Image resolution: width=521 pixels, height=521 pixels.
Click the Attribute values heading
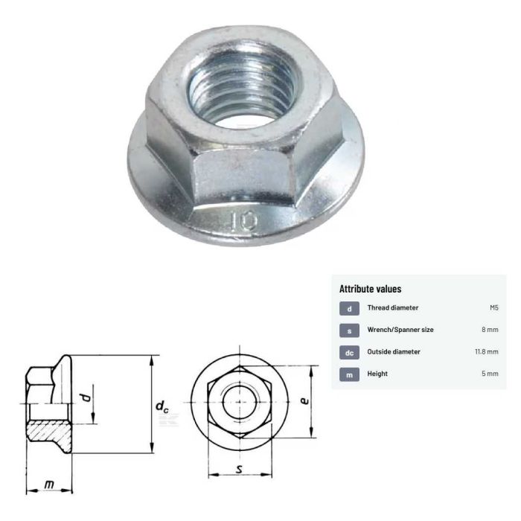coord(371,289)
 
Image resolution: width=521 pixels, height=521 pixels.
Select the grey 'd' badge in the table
coord(349,308)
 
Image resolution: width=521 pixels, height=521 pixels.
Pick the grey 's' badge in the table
coord(349,330)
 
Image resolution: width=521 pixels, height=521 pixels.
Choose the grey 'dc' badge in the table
coord(349,351)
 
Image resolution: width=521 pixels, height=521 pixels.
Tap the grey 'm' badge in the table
coord(349,374)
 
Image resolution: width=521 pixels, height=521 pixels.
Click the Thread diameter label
coord(393,308)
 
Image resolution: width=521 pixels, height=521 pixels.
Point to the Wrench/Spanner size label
coord(400,330)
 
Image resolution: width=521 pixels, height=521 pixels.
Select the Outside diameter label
coord(394,351)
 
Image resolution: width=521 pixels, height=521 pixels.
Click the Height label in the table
coord(377,374)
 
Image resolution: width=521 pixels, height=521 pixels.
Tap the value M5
coord(493,308)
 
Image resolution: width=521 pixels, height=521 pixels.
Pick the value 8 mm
coord(490,330)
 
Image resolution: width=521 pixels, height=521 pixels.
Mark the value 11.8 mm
coord(486,351)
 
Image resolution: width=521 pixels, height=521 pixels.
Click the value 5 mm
coord(490,374)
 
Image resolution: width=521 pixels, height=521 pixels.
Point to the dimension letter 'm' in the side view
coord(49,485)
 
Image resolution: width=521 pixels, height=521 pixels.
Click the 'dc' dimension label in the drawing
coord(162,406)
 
